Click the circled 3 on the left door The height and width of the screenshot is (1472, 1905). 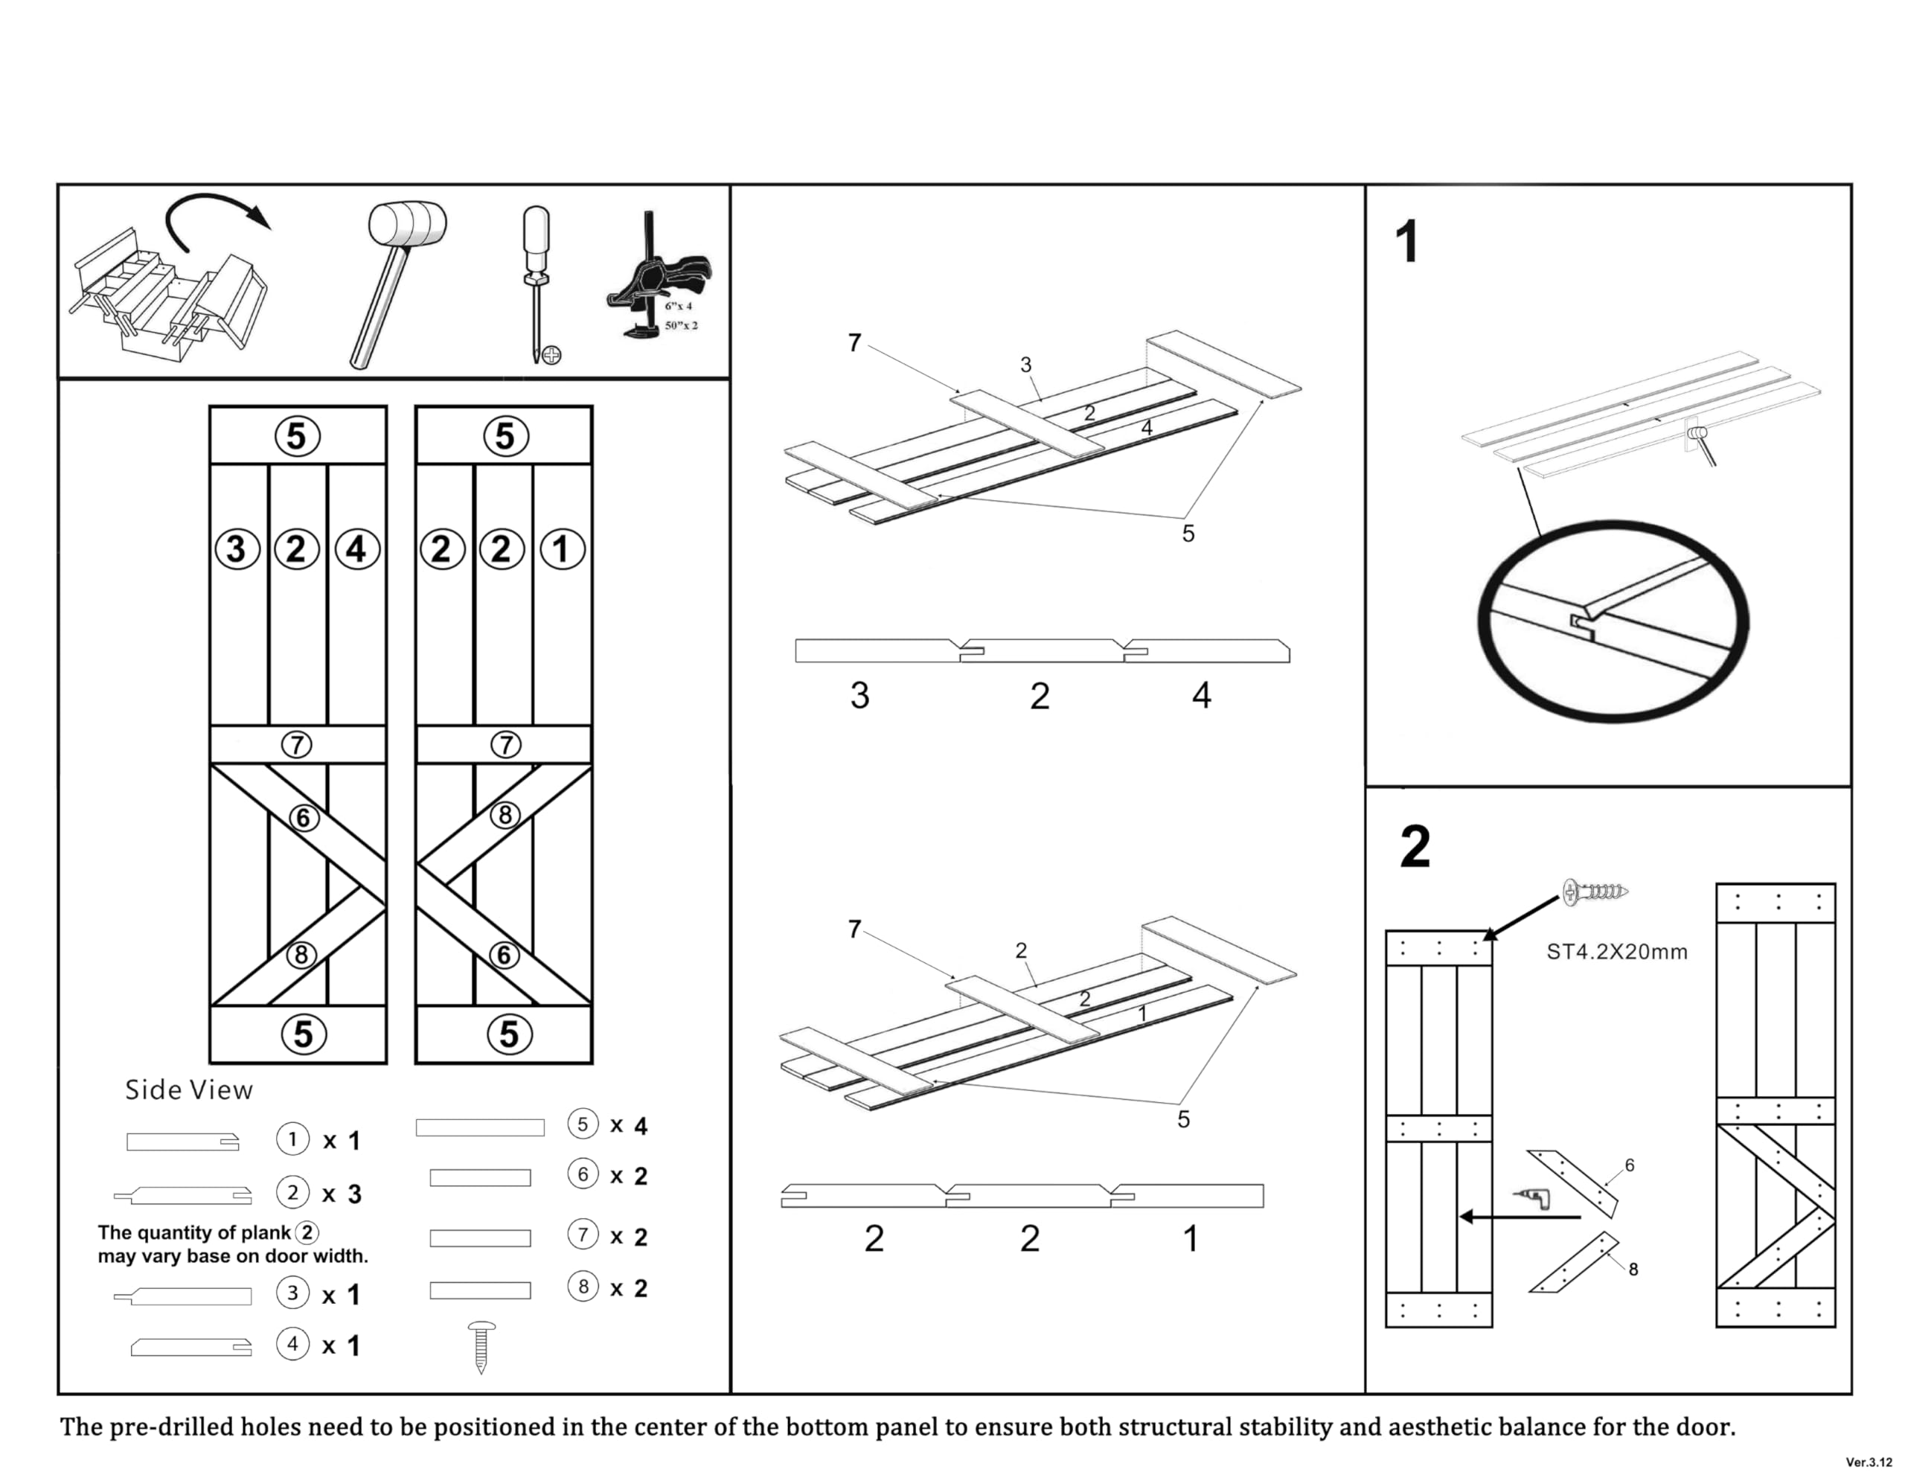coord(237,550)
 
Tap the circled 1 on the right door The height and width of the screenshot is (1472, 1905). coord(562,550)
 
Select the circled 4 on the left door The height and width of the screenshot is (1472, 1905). coord(356,550)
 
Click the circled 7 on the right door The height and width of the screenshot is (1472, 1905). coord(506,745)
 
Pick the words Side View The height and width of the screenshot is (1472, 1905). coord(188,1089)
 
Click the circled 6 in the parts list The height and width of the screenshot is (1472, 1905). coord(583,1174)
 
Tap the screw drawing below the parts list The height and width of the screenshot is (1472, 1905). coord(481,1346)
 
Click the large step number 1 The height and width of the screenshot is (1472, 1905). coord(1406,242)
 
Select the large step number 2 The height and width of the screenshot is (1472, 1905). coord(1415,846)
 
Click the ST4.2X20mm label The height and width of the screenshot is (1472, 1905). coord(1616,952)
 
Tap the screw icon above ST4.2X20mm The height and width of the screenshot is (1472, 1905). coord(1595,892)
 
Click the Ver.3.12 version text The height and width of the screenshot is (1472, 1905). coord(1869,1462)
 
